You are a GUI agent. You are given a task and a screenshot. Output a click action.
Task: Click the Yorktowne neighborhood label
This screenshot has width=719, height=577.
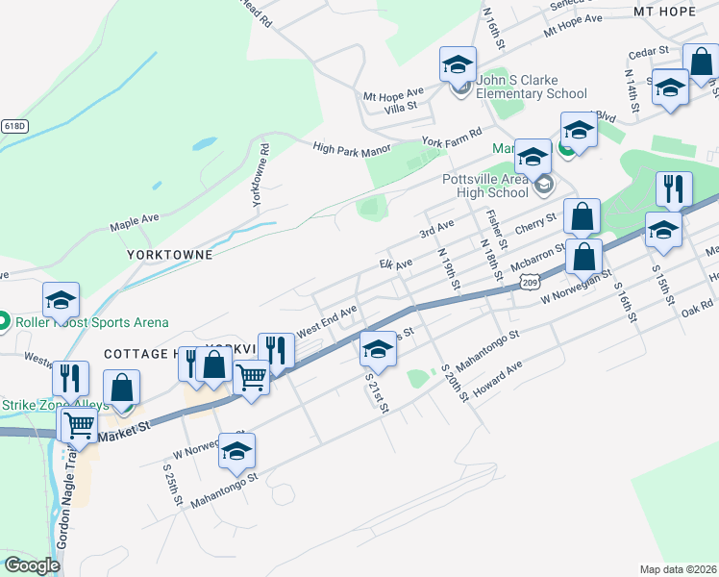[x=168, y=257]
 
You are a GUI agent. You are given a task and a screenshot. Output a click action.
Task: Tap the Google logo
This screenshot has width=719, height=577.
[x=32, y=565]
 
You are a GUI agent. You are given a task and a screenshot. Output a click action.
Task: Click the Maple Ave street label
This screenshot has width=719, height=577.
[x=134, y=219]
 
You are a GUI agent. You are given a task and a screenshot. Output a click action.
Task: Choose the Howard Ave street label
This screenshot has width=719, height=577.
[x=497, y=383]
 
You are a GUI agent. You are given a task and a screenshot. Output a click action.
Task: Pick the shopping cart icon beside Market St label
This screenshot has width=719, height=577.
[x=79, y=425]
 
